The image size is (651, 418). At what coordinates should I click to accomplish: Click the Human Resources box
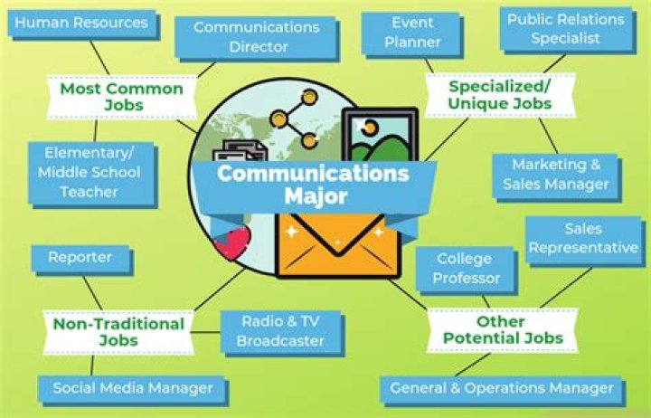pos(81,23)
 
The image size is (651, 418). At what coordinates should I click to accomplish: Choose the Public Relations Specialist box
pos(565,28)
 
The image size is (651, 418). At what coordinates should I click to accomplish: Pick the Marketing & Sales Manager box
pos(556,175)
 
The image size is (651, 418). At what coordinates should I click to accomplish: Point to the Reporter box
pos(80,258)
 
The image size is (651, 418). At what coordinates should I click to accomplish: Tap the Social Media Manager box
pos(132,388)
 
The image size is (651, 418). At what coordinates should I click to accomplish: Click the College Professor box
pos(466,269)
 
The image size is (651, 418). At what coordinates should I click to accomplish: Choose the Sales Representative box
pos(583,238)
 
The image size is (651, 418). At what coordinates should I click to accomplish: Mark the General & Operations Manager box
pos(501,388)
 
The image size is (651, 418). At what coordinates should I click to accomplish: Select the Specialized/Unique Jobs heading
pos(500,95)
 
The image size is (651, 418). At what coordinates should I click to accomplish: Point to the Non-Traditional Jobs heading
pos(118,331)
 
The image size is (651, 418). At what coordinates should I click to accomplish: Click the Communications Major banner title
pos(312,183)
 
